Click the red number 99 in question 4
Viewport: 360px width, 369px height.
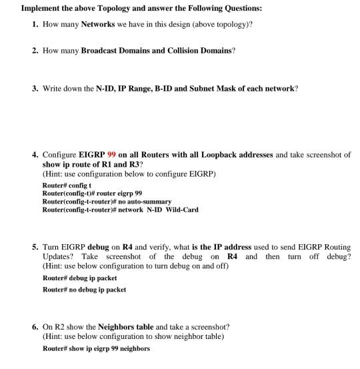(112, 154)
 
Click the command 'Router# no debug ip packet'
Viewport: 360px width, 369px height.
(84, 290)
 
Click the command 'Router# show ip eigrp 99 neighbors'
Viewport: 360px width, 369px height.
(96, 348)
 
